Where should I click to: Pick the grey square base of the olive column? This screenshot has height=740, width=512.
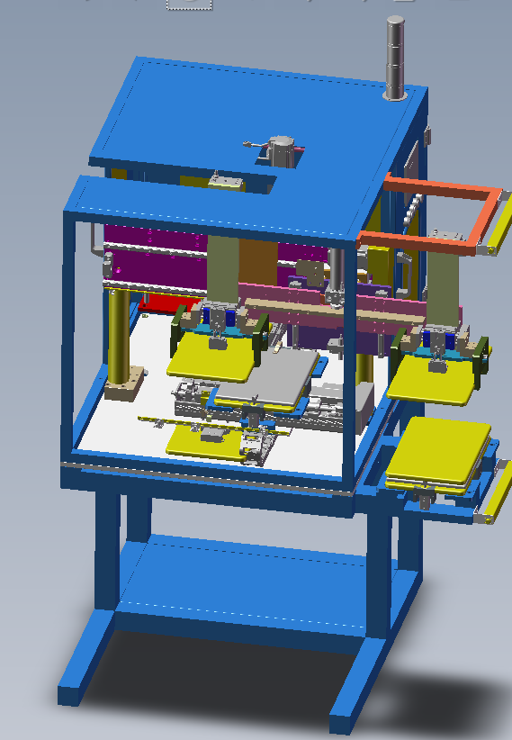coord(123,384)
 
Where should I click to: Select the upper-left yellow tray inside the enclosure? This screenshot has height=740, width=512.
coord(211,359)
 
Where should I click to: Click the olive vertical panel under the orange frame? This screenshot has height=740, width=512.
coord(441,288)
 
